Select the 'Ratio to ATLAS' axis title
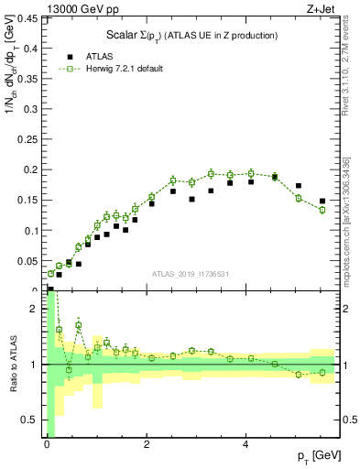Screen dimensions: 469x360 (13, 364)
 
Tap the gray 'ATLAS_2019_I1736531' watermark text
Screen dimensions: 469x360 (191, 273)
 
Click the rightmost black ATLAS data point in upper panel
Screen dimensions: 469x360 (322, 201)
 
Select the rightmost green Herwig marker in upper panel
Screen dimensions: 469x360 (322, 210)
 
